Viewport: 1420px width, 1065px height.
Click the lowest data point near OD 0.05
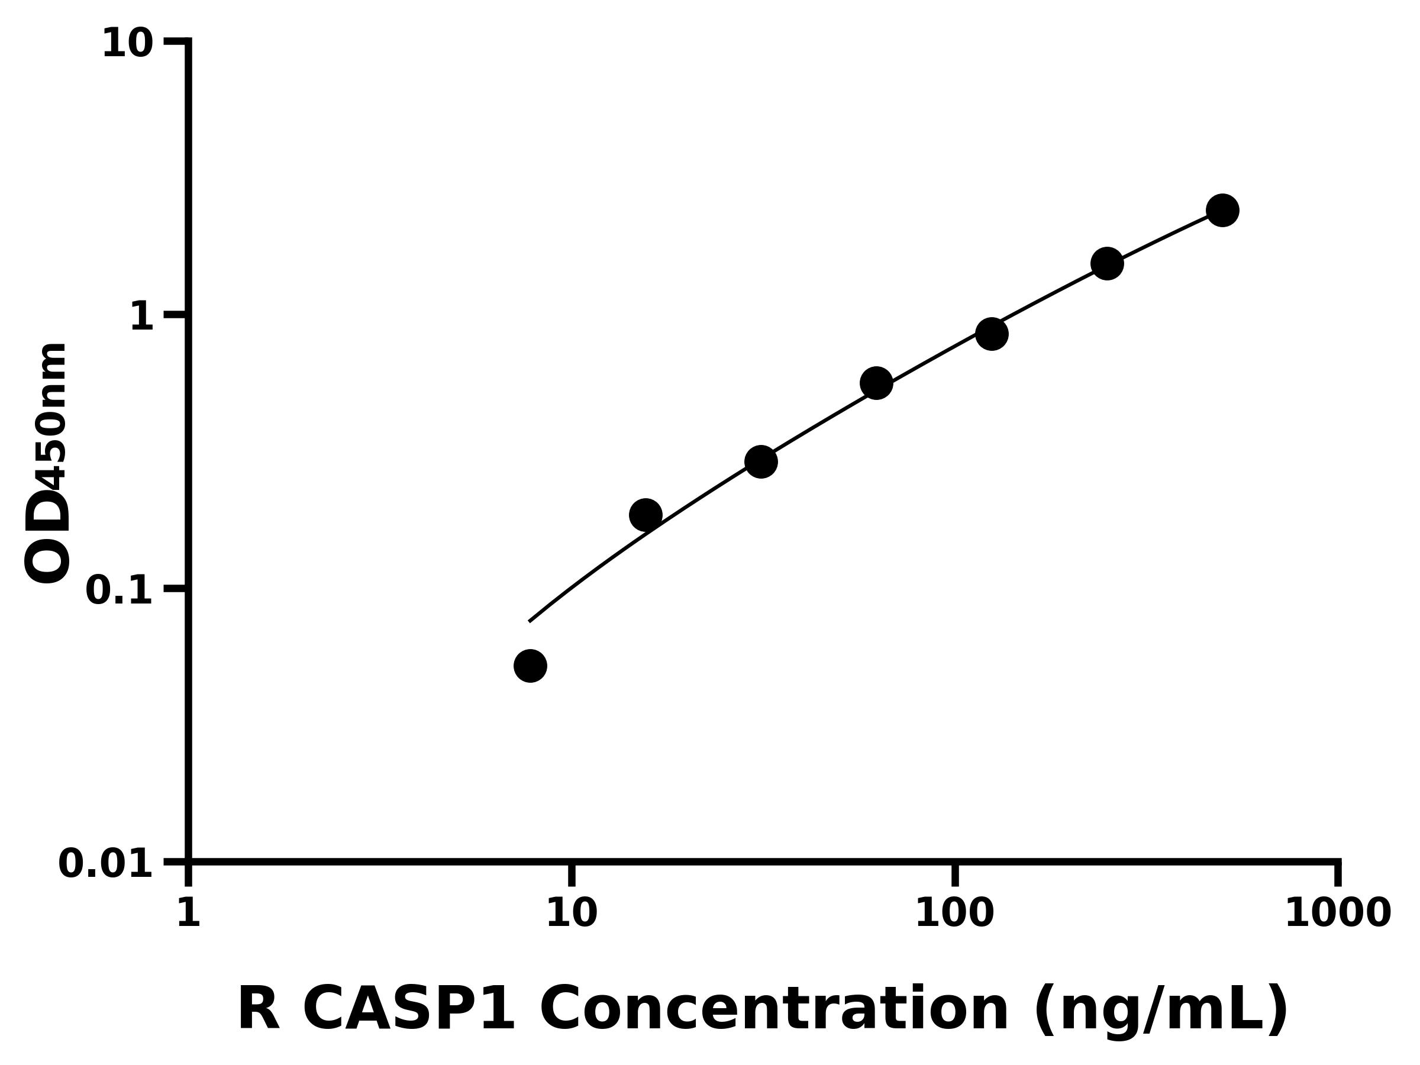point(530,666)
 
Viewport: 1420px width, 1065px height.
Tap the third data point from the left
point(761,461)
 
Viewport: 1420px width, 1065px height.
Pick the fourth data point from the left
point(876,383)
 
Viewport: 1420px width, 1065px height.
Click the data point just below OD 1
point(992,334)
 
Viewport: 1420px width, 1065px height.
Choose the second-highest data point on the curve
point(1108,263)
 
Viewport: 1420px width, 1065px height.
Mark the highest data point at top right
point(1223,210)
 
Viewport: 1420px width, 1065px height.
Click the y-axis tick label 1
point(142,317)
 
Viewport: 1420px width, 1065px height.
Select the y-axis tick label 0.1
point(120,590)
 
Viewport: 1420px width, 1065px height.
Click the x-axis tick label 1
point(189,913)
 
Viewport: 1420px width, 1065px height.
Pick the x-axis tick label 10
point(572,913)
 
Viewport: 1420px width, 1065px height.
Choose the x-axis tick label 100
point(954,913)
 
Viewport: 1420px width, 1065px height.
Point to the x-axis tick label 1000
point(1338,913)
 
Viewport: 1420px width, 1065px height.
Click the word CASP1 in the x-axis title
point(408,1010)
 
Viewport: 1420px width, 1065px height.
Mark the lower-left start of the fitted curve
point(530,621)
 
